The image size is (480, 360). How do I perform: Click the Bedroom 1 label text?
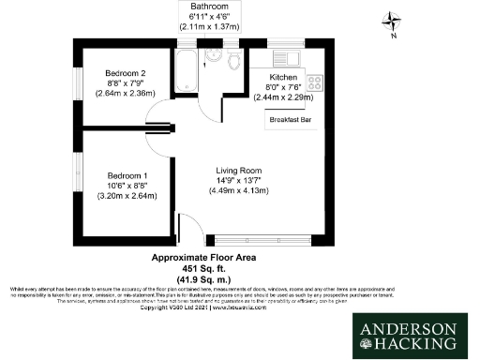[x=127, y=175]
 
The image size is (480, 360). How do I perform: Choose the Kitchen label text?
[x=283, y=77]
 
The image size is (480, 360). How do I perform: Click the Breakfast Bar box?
[x=290, y=120]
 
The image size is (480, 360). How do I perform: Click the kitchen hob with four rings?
[x=313, y=82]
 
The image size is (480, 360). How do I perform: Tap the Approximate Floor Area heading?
[x=203, y=256]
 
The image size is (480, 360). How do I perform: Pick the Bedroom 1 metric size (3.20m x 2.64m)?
[x=127, y=196]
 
